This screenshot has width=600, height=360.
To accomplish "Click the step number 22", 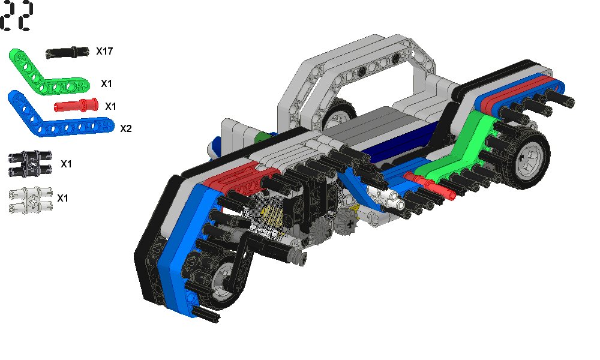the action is coord(17,16).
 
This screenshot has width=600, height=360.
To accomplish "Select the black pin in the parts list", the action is coord(67,52).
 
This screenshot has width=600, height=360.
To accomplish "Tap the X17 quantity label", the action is coord(104,51).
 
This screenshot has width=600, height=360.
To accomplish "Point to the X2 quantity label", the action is coord(126,128).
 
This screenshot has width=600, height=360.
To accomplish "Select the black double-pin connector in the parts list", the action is coord(30,163).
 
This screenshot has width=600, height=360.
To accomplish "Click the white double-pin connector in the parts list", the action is coord(30,200).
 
